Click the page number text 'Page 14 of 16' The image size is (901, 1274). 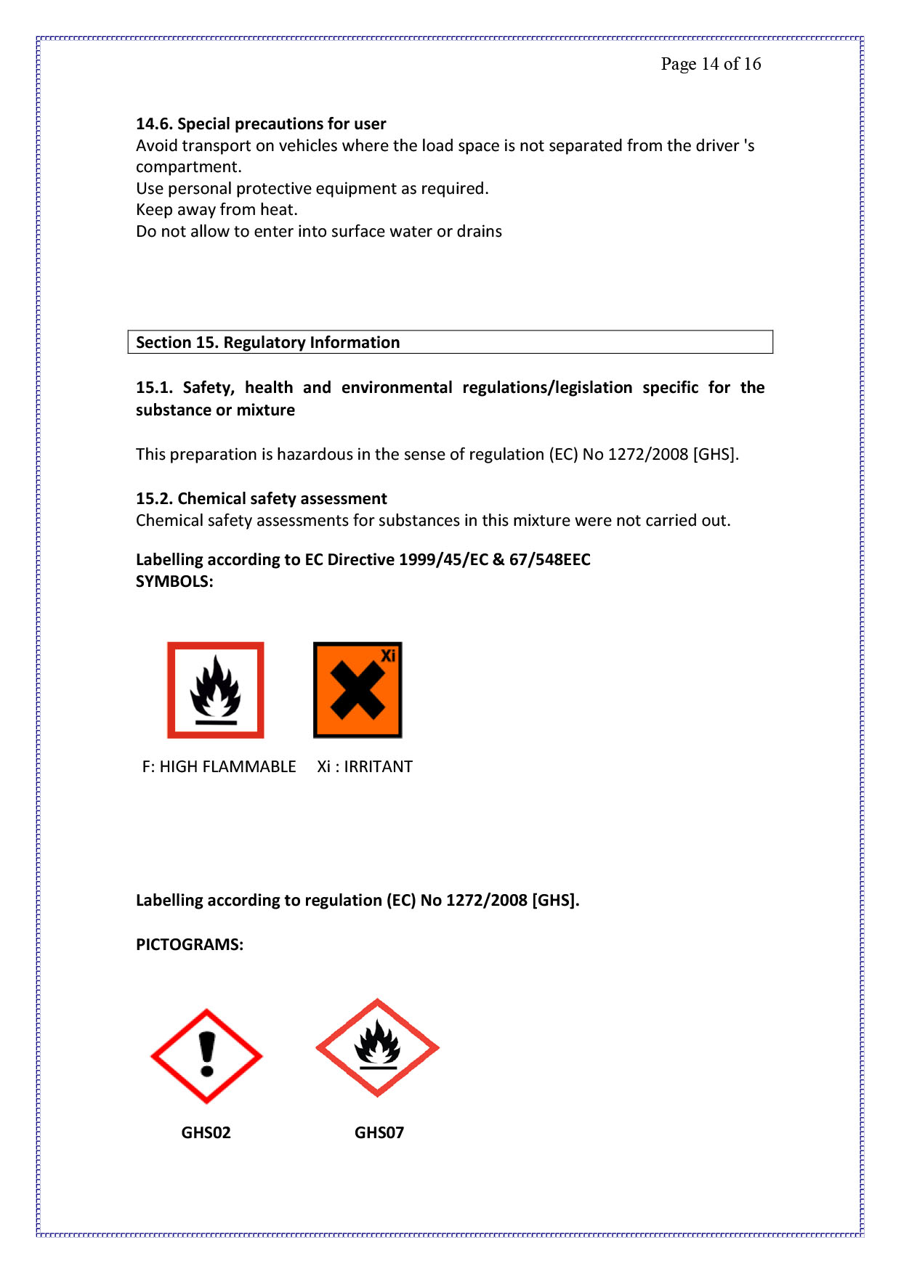[711, 64]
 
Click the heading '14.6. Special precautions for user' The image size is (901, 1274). [261, 123]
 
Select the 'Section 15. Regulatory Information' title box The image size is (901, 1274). [450, 342]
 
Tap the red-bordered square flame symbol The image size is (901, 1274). [216, 690]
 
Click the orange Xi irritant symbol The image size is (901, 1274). [357, 690]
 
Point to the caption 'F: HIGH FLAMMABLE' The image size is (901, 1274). [219, 766]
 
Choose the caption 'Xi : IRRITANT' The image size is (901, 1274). [365, 766]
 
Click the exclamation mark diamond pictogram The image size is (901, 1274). [206, 1056]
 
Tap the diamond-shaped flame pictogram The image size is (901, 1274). [377, 1047]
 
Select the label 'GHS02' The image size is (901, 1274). [206, 1132]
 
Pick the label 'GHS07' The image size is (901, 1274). [379, 1132]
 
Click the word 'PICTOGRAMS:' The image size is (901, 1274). [190, 944]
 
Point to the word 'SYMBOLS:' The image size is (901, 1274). [174, 581]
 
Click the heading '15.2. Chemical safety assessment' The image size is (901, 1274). [261, 498]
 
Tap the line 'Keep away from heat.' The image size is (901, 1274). [217, 210]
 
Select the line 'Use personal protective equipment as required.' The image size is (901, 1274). [312, 188]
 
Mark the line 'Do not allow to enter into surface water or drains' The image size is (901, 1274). [318, 231]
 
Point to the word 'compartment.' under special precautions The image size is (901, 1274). [188, 167]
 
